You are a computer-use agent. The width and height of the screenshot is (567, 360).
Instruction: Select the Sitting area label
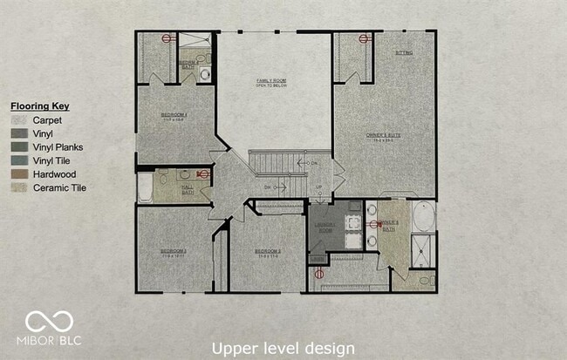[404, 53]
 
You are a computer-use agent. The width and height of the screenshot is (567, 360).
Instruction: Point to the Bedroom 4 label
[174, 116]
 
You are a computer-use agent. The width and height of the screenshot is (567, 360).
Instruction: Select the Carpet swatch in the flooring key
[20, 120]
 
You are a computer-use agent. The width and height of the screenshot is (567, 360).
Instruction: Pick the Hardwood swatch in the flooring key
[20, 174]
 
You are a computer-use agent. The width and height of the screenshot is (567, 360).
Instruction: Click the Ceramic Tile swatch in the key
[20, 187]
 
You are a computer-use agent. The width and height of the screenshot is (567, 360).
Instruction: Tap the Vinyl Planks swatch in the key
[20, 147]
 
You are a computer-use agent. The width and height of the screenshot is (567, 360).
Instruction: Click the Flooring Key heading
[40, 106]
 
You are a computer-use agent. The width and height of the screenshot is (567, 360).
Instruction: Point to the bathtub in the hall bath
[145, 187]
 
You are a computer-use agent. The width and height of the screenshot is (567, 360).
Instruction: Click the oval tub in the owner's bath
[422, 214]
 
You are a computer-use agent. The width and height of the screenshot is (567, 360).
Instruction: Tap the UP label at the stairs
[318, 187]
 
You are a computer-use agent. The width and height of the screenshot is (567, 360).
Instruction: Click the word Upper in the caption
[234, 348]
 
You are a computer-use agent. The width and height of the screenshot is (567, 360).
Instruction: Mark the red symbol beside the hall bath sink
[204, 174]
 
